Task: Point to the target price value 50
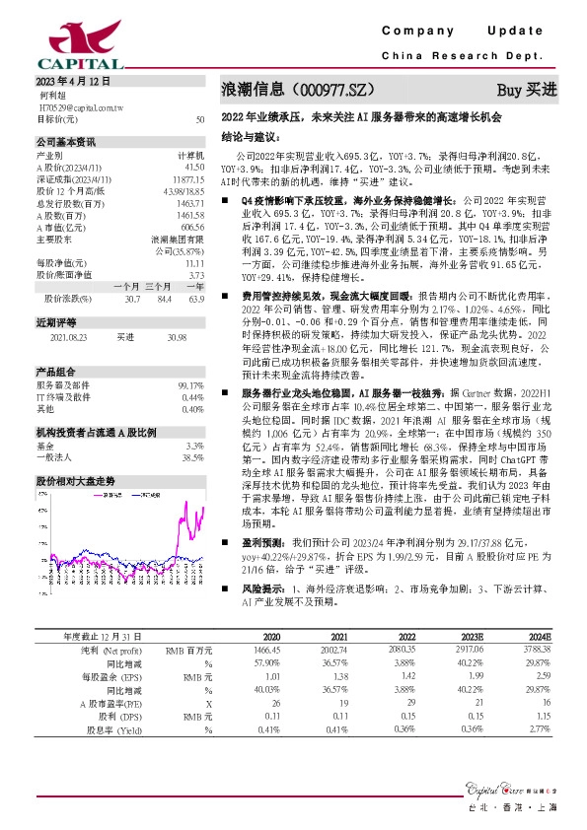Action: [200, 119]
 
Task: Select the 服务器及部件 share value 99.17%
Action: [190, 358]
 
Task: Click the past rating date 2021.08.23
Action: [66, 309]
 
